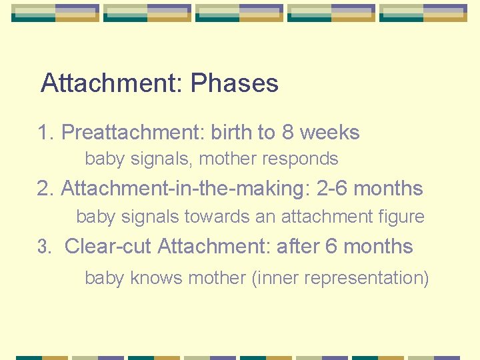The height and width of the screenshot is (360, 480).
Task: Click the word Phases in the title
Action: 234,83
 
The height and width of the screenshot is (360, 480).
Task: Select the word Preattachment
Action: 133,133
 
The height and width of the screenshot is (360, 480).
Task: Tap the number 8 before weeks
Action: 287,132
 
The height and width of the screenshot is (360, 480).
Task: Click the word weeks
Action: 329,132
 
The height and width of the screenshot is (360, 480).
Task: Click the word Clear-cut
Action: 108,247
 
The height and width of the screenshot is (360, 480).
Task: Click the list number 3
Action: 44,247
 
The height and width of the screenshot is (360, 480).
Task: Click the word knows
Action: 157,278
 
